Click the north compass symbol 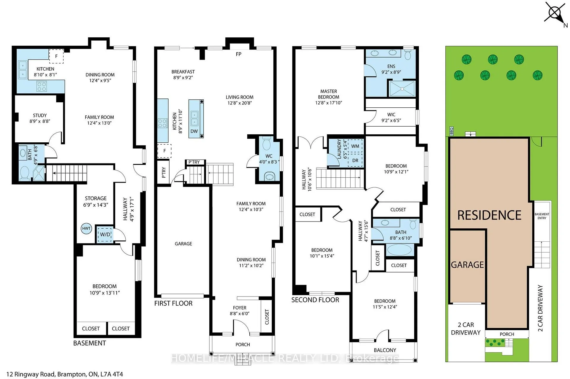tap(554, 13)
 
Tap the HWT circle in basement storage tap(86, 229)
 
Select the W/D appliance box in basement tap(105, 234)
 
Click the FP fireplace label tap(238, 54)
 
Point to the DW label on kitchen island tap(194, 131)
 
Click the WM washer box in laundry tap(355, 146)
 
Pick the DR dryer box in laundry tap(355, 160)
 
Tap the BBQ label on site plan tap(452, 131)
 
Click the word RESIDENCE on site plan tap(489, 215)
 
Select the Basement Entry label tap(542, 216)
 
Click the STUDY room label tap(40, 115)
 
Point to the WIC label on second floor tap(391, 114)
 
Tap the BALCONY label tap(385, 350)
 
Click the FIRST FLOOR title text tap(173, 303)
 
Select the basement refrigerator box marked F tap(56, 56)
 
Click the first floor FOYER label tap(240, 308)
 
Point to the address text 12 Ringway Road tap(31, 374)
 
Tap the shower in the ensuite tap(402, 89)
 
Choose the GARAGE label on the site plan tap(467, 265)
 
